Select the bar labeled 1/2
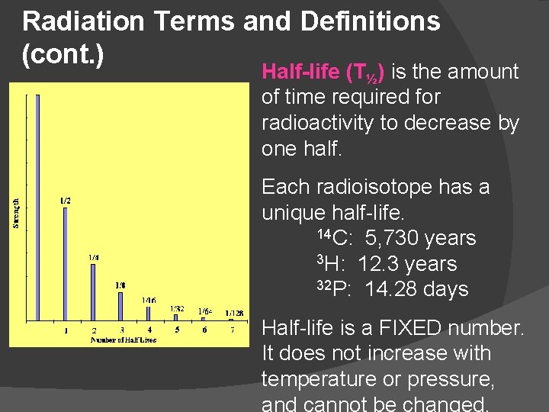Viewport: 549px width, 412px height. point(66,263)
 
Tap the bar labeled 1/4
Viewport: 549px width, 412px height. point(93,291)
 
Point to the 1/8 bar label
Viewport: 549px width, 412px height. point(120,285)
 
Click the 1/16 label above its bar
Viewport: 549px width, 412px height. point(149,301)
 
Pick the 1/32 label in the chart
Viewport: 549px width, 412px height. point(177,308)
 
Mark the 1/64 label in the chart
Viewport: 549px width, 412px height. point(205,311)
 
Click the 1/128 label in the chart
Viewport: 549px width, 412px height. point(234,313)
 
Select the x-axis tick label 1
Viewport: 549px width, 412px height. point(66,330)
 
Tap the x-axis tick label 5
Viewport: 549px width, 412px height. point(177,330)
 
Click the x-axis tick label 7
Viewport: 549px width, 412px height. point(233,330)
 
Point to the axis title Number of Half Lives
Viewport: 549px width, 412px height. point(124,340)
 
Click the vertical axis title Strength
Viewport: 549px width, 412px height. point(16,213)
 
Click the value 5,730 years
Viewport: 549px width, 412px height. point(420,238)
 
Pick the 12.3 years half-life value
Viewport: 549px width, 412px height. point(406,264)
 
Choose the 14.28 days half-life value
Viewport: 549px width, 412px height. point(416,290)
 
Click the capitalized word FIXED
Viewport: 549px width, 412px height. point(422,328)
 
